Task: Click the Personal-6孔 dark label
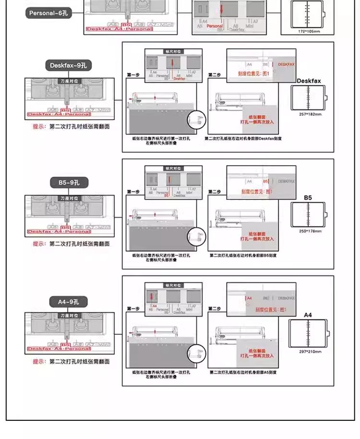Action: click(48, 13)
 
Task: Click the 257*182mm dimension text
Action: click(309, 115)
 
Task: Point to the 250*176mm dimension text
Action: click(309, 232)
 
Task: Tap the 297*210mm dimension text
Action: click(309, 351)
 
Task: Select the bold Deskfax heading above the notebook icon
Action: click(309, 81)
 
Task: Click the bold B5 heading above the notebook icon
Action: click(308, 197)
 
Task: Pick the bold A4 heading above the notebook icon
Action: click(308, 315)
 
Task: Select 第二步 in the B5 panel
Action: click(215, 192)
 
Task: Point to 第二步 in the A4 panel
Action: click(215, 309)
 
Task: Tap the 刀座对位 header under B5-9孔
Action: click(70, 198)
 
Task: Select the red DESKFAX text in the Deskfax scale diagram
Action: click(286, 64)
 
